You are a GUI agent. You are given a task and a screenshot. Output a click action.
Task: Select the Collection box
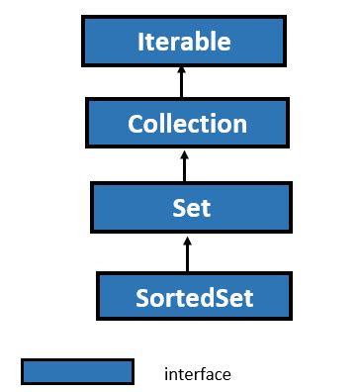(187, 124)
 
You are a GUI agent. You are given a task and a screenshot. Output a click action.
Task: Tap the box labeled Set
(187, 209)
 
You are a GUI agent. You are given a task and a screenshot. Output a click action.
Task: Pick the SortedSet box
(195, 295)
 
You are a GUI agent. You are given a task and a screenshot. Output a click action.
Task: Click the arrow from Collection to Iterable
(181, 84)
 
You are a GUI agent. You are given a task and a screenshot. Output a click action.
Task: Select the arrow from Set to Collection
(185, 167)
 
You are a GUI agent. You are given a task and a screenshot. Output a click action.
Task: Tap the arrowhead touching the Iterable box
(181, 68)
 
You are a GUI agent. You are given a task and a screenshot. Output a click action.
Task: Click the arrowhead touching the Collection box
(185, 151)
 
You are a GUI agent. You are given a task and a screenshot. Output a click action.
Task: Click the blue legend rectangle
(77, 371)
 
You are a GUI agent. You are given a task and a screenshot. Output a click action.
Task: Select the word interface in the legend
(197, 374)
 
